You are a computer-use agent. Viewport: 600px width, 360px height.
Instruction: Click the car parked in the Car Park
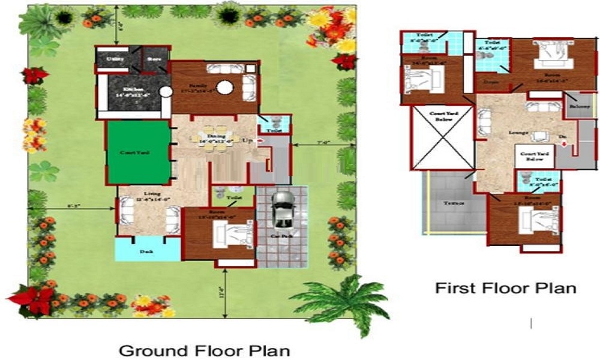281,209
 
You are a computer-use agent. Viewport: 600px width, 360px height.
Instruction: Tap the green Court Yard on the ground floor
137,153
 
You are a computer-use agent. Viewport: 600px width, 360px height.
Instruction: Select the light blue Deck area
147,251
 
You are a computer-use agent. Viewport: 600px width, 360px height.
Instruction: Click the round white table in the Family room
224,88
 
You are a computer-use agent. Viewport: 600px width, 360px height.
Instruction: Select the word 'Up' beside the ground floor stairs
247,140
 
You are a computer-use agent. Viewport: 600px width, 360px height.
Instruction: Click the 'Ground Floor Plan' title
204,350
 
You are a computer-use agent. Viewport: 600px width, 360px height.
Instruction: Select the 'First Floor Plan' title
505,288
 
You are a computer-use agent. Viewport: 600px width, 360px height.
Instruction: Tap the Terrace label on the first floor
454,203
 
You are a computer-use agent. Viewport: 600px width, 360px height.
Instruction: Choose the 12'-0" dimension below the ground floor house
226,293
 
